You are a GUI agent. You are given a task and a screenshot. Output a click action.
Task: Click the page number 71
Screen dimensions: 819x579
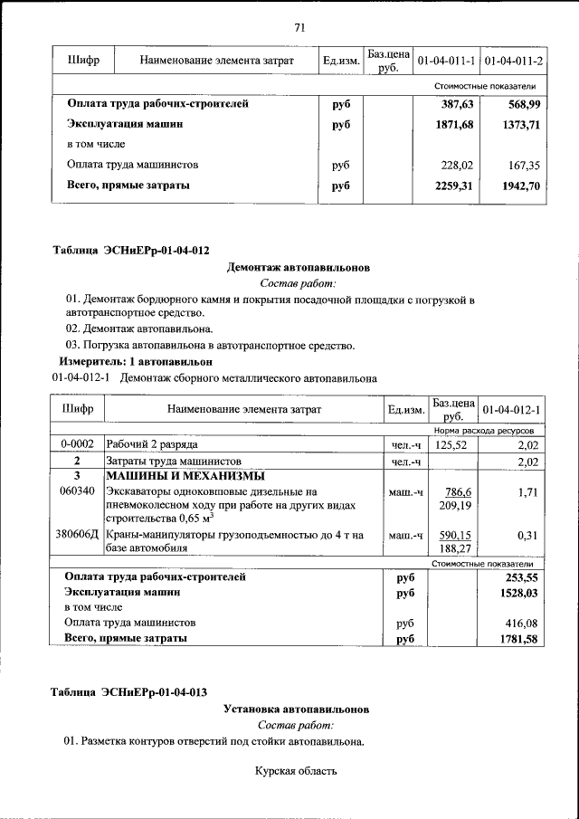coord(299,27)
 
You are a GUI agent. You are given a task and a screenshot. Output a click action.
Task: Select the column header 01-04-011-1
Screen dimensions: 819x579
coord(446,61)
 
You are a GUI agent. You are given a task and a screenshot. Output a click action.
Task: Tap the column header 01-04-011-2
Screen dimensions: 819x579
coord(513,61)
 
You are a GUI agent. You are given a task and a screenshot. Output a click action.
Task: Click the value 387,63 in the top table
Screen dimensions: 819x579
coord(457,104)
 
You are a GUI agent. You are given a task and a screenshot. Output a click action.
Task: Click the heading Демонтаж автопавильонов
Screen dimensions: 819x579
coord(298,267)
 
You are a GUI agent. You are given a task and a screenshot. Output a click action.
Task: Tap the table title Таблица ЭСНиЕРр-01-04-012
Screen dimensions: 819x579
coord(132,249)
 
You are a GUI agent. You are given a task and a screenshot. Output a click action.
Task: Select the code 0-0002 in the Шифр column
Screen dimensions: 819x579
coord(77,445)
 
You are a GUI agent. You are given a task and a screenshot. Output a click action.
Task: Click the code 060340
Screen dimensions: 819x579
coord(77,490)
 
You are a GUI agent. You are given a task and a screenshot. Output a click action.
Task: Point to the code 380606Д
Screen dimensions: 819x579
coord(77,535)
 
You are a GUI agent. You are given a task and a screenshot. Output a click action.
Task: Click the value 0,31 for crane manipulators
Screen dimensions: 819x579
coord(527,535)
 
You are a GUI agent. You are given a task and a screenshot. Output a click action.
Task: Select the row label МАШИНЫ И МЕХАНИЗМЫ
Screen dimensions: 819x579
coord(185,476)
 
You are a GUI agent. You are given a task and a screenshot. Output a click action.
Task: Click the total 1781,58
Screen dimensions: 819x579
coord(518,639)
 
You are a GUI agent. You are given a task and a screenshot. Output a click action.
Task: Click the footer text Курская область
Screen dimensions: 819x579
coord(296,771)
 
